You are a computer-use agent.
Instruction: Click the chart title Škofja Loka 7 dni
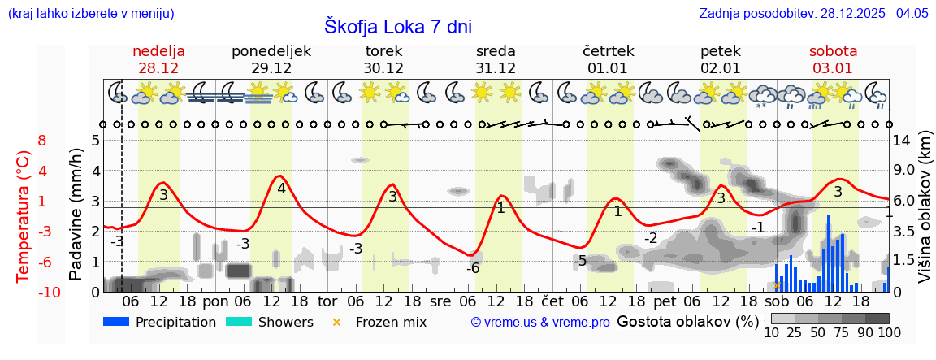click(x=398, y=26)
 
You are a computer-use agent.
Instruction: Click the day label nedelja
click(x=159, y=51)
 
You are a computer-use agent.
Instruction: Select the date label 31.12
click(x=496, y=68)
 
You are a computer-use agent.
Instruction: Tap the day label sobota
click(x=833, y=51)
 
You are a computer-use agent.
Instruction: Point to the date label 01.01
click(x=608, y=68)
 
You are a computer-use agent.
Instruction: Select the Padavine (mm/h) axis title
click(x=76, y=215)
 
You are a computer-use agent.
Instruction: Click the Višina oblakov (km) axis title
click(x=925, y=215)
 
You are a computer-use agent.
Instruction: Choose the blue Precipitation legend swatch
click(x=117, y=322)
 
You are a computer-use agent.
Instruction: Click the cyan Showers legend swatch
click(x=239, y=322)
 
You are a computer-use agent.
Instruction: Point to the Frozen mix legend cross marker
click(x=337, y=322)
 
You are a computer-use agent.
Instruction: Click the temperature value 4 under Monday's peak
click(x=281, y=189)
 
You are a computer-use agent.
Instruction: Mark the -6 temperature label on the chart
click(x=473, y=268)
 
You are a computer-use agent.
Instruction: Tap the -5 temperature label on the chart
click(x=579, y=261)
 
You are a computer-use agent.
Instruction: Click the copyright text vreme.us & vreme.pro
click(x=540, y=323)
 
